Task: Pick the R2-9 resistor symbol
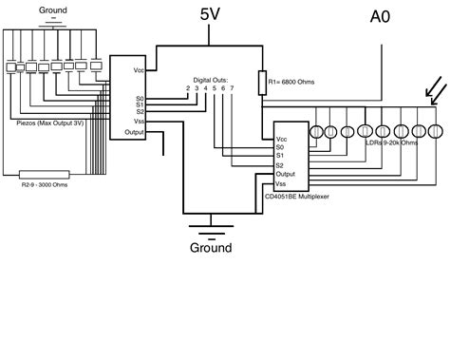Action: [44, 174]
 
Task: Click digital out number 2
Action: [187, 88]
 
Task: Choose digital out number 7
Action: [231, 88]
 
